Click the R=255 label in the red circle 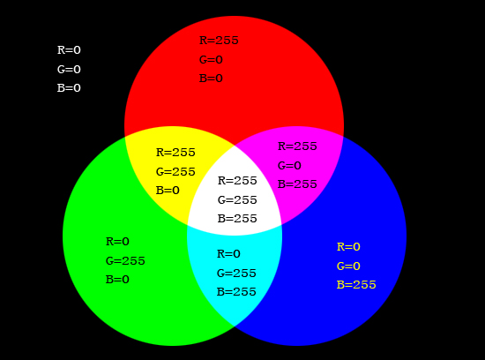click(219, 41)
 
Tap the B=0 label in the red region click(211, 79)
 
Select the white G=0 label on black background click(69, 70)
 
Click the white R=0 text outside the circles click(69, 50)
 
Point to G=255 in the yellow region click(175, 172)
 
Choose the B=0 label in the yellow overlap click(168, 191)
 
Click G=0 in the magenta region click(289, 166)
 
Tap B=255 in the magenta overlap click(297, 184)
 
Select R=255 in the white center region click(237, 181)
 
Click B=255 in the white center click(237, 219)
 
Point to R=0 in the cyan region click(228, 254)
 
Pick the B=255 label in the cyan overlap click(236, 292)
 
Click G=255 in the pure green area click(125, 261)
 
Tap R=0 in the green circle click(117, 242)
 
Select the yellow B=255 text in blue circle click(356, 285)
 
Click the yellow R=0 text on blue click(348, 247)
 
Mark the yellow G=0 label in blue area click(348, 266)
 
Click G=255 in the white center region click(237, 200)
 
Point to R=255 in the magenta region click(297, 146)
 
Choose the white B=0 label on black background click(69, 88)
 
